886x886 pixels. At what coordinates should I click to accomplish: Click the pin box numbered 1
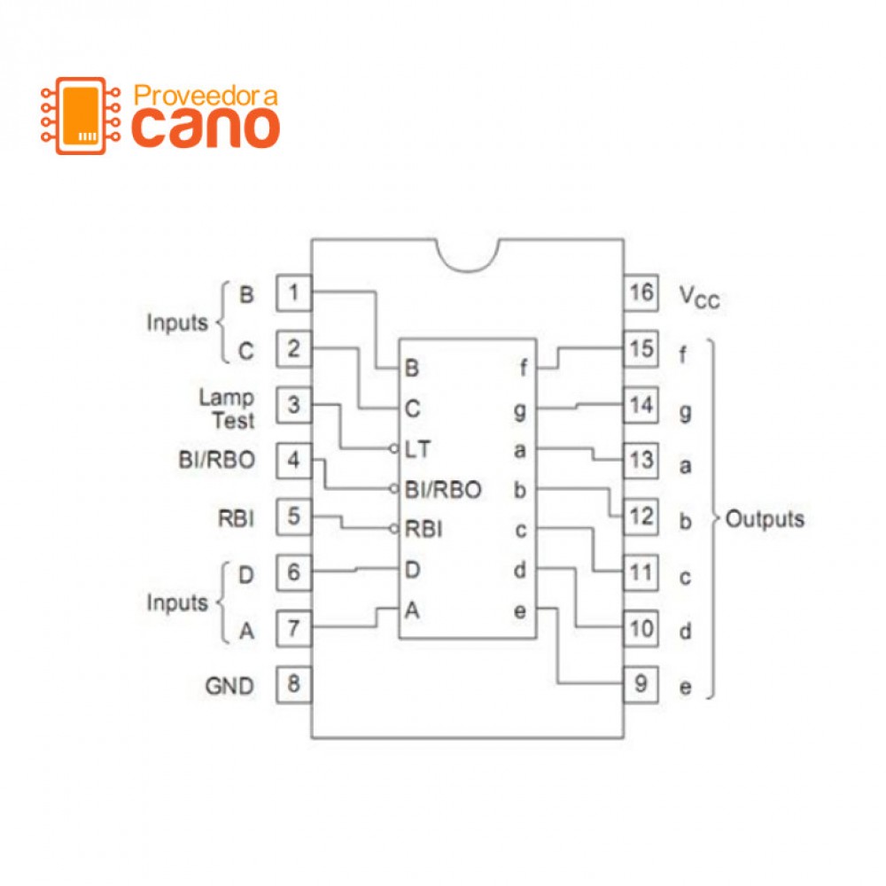click(294, 291)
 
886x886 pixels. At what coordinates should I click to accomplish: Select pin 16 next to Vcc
click(641, 291)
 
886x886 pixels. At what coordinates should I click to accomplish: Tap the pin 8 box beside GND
click(294, 685)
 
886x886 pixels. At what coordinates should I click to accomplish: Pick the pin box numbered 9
click(641, 685)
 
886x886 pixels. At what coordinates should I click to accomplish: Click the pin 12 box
click(641, 516)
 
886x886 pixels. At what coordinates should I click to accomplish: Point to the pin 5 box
click(294, 516)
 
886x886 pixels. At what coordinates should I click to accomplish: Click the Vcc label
click(699, 296)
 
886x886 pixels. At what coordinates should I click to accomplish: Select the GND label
click(229, 686)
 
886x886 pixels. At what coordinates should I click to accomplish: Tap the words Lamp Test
click(227, 408)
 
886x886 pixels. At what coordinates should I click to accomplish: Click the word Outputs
click(765, 519)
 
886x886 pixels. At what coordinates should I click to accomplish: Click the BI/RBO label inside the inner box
click(442, 489)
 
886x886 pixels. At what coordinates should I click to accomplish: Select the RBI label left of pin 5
click(236, 517)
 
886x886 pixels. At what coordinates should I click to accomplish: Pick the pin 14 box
click(641, 405)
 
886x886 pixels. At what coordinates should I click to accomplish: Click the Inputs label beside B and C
click(176, 323)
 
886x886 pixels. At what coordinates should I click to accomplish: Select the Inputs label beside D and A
click(176, 603)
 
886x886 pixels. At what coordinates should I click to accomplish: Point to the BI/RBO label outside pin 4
click(216, 461)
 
